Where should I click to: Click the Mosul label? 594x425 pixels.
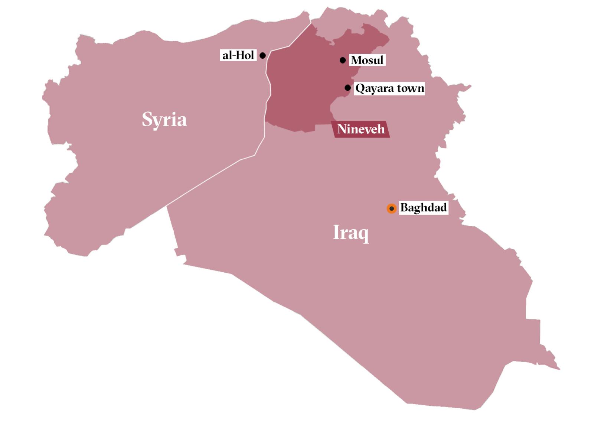pyautogui.click(x=367, y=60)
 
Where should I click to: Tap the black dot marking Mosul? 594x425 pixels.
pyautogui.click(x=343, y=60)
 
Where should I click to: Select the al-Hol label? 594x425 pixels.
pyautogui.click(x=238, y=55)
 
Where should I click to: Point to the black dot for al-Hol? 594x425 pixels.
pyautogui.click(x=262, y=55)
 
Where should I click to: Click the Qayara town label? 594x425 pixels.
pyautogui.click(x=389, y=88)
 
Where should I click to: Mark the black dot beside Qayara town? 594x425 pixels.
pyautogui.click(x=347, y=88)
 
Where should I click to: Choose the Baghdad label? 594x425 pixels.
pyautogui.click(x=424, y=207)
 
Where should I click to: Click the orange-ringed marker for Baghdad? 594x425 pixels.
pyautogui.click(x=391, y=208)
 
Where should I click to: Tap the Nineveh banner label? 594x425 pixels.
pyautogui.click(x=361, y=129)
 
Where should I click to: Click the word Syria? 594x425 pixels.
pyautogui.click(x=164, y=120)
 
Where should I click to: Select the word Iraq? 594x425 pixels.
pyautogui.click(x=351, y=233)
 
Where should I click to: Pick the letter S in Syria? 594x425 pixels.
pyautogui.click(x=147, y=120)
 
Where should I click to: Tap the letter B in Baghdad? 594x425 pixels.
pyautogui.click(x=404, y=207)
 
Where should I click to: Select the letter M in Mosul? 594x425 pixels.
pyautogui.click(x=356, y=60)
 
